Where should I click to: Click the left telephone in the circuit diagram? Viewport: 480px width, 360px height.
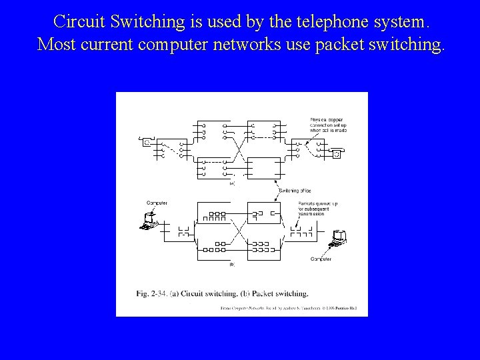[145, 141]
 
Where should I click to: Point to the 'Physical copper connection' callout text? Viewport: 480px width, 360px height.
[327, 125]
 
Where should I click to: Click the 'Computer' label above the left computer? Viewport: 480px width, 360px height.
[157, 203]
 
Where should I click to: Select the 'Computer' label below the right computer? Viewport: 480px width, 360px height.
[321, 259]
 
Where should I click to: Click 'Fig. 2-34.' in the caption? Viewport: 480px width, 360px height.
[151, 293]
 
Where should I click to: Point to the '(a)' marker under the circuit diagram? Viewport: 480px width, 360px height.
[231, 183]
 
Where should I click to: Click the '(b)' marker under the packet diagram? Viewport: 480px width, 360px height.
[231, 264]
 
